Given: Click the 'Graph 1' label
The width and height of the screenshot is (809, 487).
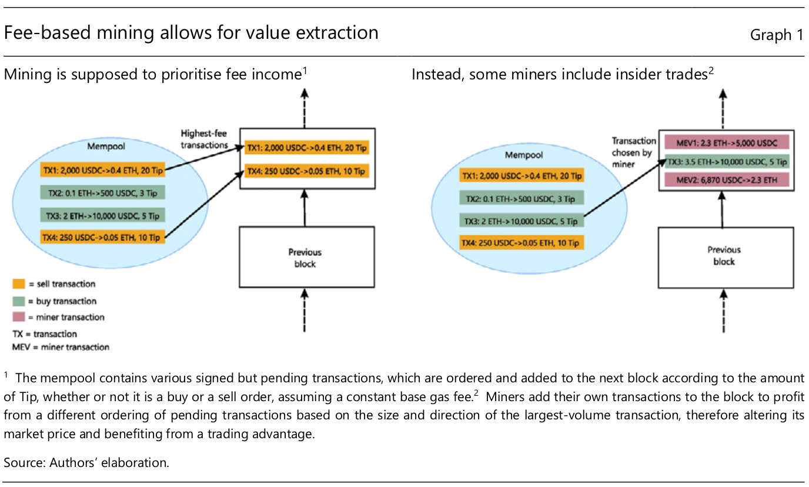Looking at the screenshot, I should (776, 35).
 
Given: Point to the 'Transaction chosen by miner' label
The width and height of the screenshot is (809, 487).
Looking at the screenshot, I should (633, 152).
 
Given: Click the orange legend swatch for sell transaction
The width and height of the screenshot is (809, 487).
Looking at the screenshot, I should (18, 284).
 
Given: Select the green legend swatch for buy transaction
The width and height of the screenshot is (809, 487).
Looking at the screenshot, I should (18, 301).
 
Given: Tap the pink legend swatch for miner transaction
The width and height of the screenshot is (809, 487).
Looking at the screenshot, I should (18, 318).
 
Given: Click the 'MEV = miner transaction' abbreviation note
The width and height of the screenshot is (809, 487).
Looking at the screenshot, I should (61, 347).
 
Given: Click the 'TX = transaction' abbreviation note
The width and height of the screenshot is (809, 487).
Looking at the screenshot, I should (44, 334).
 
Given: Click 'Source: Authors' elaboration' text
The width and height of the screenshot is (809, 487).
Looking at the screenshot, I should (86, 462).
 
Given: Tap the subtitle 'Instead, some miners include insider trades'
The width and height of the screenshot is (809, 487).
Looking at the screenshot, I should (562, 75).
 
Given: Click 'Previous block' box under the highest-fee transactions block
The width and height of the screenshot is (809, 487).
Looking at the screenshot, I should (305, 258).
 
